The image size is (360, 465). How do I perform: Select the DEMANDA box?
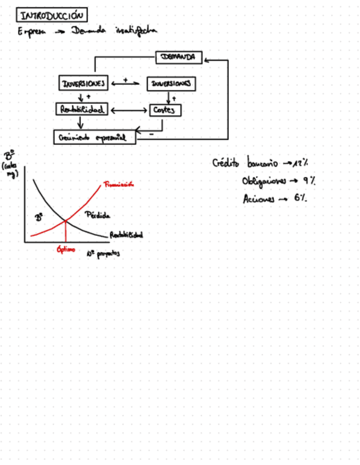[179, 56]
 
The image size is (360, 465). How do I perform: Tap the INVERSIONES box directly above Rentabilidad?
[83, 83]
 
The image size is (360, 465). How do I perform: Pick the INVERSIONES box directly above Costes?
[171, 84]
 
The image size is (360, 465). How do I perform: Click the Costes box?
[165, 110]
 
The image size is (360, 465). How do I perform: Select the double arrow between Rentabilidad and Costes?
[129, 110]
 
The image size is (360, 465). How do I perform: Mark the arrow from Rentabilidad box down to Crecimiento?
[81, 123]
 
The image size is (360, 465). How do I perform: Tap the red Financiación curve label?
[119, 185]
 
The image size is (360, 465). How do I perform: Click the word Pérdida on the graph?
[99, 215]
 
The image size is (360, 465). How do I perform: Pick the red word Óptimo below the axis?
[65, 249]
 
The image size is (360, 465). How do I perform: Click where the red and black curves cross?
[66, 222]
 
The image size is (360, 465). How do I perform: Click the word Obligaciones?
[263, 182]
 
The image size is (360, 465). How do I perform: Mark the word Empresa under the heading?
[32, 32]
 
